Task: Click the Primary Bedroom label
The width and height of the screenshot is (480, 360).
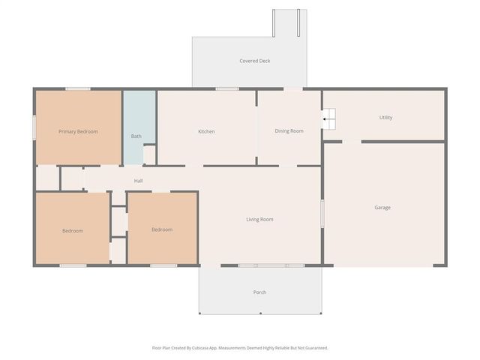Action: [x=78, y=132]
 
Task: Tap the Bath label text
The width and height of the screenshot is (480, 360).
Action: [x=136, y=136]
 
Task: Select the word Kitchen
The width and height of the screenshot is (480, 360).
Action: [x=206, y=131]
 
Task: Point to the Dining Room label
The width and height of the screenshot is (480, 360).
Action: [x=289, y=131]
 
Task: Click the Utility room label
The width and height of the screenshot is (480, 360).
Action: [x=385, y=118]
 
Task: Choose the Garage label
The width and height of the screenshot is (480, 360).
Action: [x=382, y=208]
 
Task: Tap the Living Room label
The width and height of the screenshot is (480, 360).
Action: [x=259, y=219]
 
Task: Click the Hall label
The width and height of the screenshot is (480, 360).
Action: [x=138, y=181]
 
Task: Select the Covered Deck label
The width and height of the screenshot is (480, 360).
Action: [x=255, y=61]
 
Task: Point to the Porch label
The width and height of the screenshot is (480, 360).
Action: [x=259, y=292]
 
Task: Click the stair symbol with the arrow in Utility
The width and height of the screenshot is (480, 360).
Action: [x=329, y=118]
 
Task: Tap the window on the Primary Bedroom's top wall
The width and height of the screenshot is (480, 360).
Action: [x=78, y=88]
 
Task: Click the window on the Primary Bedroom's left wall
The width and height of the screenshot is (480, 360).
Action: [x=34, y=127]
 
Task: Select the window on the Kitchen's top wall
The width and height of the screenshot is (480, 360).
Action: [x=227, y=88]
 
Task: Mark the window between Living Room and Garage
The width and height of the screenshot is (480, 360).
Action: [x=322, y=214]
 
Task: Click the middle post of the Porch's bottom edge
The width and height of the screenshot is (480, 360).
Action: [x=260, y=313]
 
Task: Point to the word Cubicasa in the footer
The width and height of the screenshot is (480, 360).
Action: [x=200, y=348]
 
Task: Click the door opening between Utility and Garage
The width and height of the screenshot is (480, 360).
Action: [x=352, y=142]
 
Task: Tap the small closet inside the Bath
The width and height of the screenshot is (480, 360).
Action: [x=149, y=155]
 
